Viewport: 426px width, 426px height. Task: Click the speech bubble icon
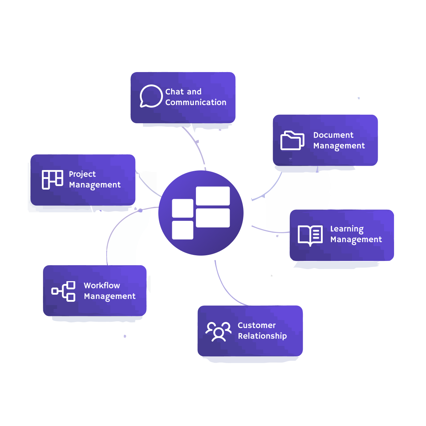tap(151, 96)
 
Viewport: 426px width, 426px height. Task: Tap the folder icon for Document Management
tap(292, 141)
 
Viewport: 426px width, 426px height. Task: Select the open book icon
tap(310, 235)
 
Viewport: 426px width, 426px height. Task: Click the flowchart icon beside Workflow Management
tap(64, 291)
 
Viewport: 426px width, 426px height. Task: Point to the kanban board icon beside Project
tap(53, 180)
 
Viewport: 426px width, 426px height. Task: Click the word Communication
tap(196, 102)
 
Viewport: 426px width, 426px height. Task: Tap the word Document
tap(333, 135)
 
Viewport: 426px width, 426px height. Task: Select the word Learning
tap(347, 229)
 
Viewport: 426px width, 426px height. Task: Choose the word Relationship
tap(262, 336)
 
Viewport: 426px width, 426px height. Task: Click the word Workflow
tap(102, 285)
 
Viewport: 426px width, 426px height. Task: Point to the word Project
tap(82, 174)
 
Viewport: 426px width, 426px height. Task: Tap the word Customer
tap(256, 325)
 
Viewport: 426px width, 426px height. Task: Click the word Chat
tap(174, 92)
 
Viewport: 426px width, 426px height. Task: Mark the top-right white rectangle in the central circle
tap(213, 196)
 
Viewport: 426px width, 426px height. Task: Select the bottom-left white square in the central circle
tap(182, 230)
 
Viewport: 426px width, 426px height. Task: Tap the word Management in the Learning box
tap(356, 240)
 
